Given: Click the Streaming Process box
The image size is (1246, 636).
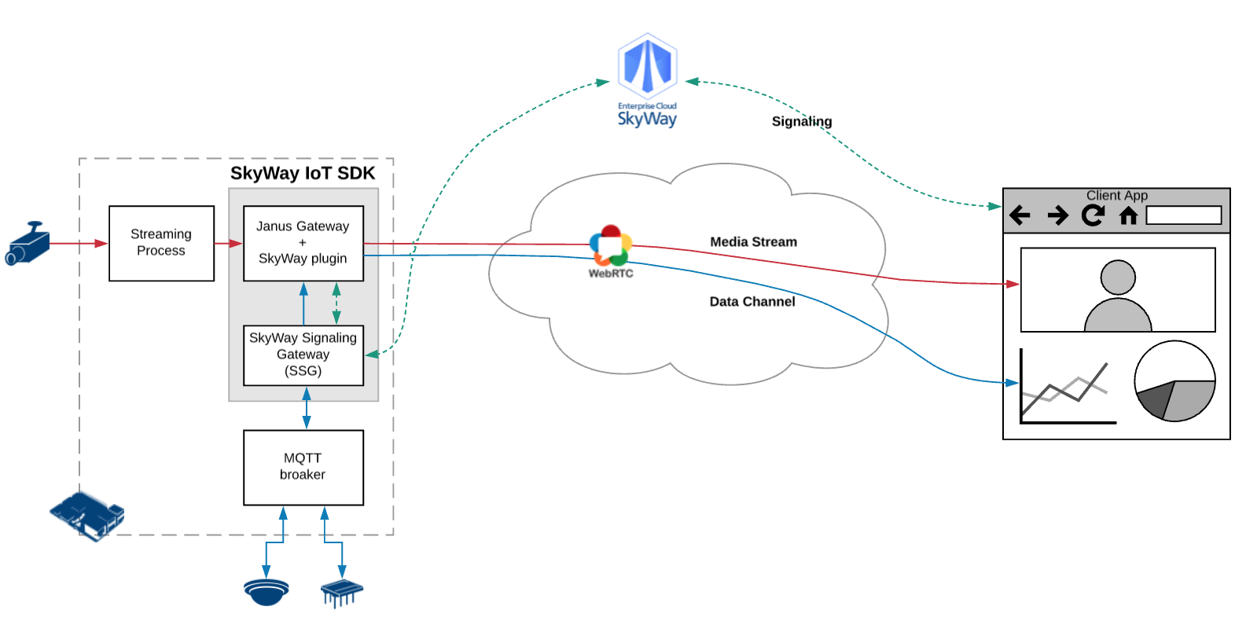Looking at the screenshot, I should point(161,243).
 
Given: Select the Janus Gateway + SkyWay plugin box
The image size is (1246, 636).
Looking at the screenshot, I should point(303,243).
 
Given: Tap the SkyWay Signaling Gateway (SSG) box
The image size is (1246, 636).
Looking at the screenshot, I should point(303,355).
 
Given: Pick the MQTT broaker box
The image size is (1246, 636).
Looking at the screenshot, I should point(303,467).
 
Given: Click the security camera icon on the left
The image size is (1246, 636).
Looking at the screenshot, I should point(28,244).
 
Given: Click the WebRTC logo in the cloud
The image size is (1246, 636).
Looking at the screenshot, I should point(611,245).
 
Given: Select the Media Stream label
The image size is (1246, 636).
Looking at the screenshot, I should point(753,242).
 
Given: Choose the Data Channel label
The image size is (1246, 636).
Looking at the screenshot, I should point(752,302).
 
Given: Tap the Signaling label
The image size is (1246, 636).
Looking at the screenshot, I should point(801,121).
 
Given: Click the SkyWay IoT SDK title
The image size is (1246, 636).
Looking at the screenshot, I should point(303,174).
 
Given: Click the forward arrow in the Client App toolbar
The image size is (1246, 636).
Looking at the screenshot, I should point(1058,215).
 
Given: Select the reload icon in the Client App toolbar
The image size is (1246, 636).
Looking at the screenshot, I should point(1093,215).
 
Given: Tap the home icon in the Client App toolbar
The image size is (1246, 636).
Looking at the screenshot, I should point(1128,215).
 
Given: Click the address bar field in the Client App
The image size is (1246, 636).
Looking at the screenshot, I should point(1183,215).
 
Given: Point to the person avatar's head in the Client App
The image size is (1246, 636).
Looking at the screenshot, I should point(1118,278).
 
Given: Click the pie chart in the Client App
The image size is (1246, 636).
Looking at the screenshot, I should point(1174,381).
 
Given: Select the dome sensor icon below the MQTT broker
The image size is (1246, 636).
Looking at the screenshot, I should point(266,591).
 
